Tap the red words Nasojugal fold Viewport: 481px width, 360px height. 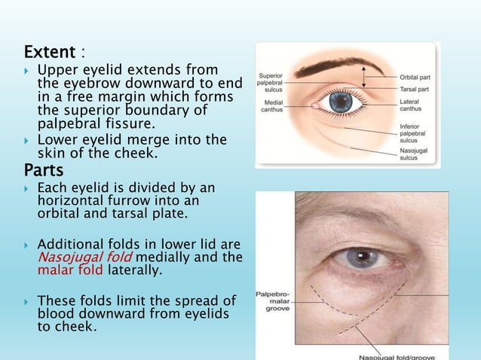point(70,258)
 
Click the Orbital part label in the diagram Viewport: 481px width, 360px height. point(415,76)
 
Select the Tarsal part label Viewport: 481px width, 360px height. point(415,89)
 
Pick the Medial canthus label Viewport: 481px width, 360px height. point(273,106)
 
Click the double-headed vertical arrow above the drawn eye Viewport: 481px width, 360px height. point(366,75)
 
